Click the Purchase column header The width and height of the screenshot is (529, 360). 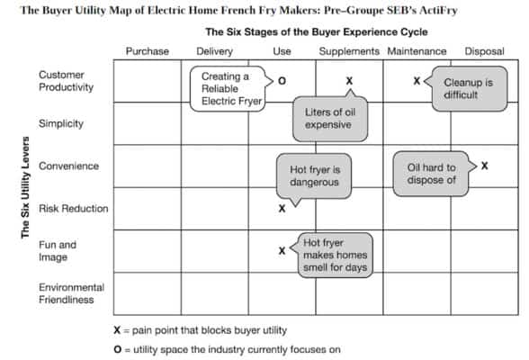point(147,51)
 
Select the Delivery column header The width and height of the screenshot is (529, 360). point(214,51)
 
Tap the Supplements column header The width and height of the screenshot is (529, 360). point(350,51)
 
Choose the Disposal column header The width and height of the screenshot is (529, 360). point(484,51)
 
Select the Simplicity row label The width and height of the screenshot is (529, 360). point(61,122)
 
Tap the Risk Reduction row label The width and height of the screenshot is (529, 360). point(73,209)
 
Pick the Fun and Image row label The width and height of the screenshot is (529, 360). point(58,250)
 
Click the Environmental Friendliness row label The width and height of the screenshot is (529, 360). point(71,293)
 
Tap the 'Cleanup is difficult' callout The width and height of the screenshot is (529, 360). point(466,88)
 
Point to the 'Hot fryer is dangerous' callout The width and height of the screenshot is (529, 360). point(314,175)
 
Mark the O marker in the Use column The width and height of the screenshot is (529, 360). point(282,81)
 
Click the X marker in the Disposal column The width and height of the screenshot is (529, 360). point(485,166)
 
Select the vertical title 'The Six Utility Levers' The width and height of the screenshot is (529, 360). point(25,187)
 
